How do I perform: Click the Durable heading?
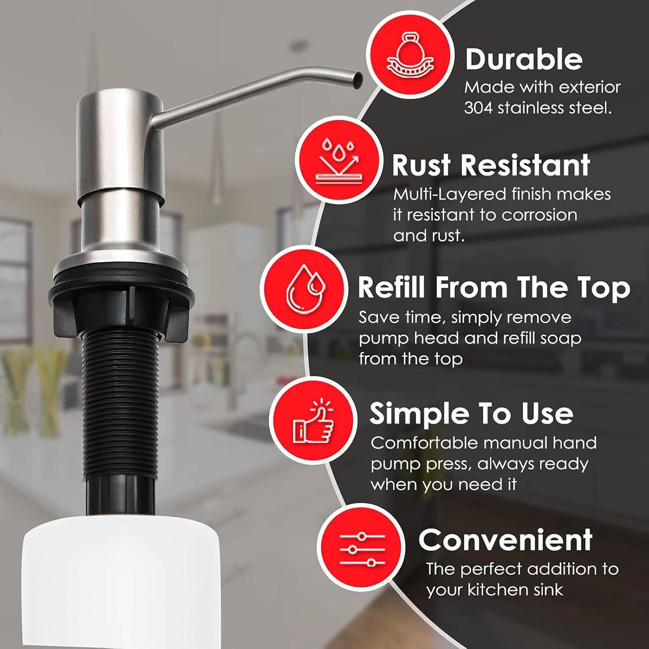tap(524, 59)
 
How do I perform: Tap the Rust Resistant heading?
tap(491, 165)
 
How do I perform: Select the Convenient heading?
tap(505, 540)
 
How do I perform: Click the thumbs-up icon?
tap(313, 421)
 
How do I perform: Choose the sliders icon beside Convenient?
tap(361, 549)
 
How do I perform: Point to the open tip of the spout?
tap(358, 80)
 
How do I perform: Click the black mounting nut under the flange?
tap(121, 303)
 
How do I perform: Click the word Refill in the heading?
tap(392, 287)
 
